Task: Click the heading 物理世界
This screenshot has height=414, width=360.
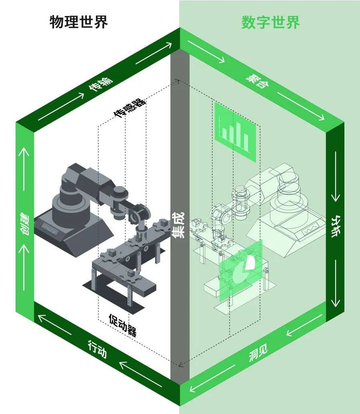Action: (78, 22)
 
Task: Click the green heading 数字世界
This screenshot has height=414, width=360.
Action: (270, 22)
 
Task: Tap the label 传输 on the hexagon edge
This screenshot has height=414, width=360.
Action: (100, 84)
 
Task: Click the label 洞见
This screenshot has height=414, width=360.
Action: (258, 352)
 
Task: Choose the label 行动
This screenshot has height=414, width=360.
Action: (97, 349)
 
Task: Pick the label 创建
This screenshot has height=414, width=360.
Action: (24, 224)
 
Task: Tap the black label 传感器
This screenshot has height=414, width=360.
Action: (130, 108)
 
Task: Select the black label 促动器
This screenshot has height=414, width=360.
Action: (123, 325)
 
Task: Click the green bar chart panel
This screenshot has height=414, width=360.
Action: (235, 132)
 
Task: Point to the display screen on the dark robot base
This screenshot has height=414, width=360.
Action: (50, 229)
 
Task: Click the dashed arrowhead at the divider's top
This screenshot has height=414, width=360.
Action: (178, 81)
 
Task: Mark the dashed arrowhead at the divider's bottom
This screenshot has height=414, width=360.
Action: (180, 365)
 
